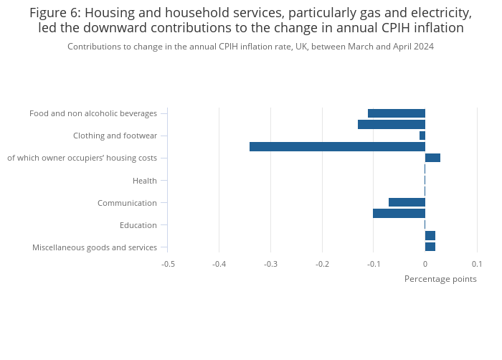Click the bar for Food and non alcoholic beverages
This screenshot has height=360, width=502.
point(397,113)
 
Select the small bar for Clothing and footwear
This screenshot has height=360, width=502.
point(422,136)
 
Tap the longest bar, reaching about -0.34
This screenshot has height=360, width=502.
point(338,147)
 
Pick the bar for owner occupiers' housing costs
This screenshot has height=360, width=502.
point(432,158)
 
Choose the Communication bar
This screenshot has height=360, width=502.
point(407,202)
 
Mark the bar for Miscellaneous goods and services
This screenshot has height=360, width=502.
point(430,247)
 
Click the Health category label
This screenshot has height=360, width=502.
point(145,181)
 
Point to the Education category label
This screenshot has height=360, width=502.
point(138,225)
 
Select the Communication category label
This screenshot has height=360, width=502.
point(127,203)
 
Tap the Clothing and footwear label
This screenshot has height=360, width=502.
point(115,136)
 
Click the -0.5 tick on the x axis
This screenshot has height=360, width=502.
point(168,264)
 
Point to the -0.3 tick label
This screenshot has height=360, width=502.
point(270,264)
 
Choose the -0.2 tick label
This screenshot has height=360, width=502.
point(322,264)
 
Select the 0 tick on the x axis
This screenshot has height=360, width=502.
point(425,264)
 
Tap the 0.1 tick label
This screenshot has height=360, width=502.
point(477,264)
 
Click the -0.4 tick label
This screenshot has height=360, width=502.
point(219,264)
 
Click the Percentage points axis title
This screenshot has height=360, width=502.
point(440,279)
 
